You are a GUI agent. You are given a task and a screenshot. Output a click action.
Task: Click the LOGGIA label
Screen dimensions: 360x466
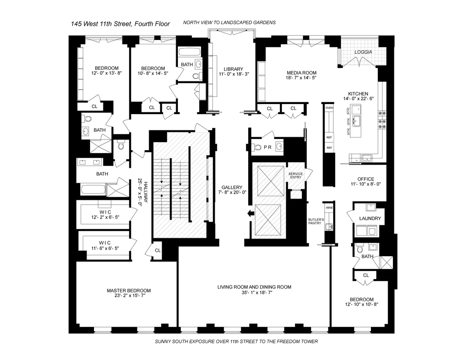coord(363,52)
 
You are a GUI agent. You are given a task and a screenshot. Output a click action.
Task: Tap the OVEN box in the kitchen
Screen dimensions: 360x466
coord(329,108)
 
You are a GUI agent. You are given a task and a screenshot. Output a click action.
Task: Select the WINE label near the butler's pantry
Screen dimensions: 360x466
coord(329,208)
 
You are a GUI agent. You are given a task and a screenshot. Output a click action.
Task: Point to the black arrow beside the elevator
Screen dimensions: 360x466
coord(249,213)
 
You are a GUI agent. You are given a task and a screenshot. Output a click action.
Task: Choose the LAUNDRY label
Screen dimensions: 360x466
coord(370,219)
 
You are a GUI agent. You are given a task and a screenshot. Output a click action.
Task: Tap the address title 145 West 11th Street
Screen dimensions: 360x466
coord(120,24)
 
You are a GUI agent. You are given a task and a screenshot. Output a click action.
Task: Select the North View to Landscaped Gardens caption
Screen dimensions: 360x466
coord(229,23)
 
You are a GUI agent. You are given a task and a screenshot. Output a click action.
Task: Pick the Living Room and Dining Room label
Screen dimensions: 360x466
coord(254,287)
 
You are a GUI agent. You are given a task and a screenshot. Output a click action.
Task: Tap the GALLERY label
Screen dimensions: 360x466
coord(232,187)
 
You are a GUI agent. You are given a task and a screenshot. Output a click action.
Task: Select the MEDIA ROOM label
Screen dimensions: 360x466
coord(301,73)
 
